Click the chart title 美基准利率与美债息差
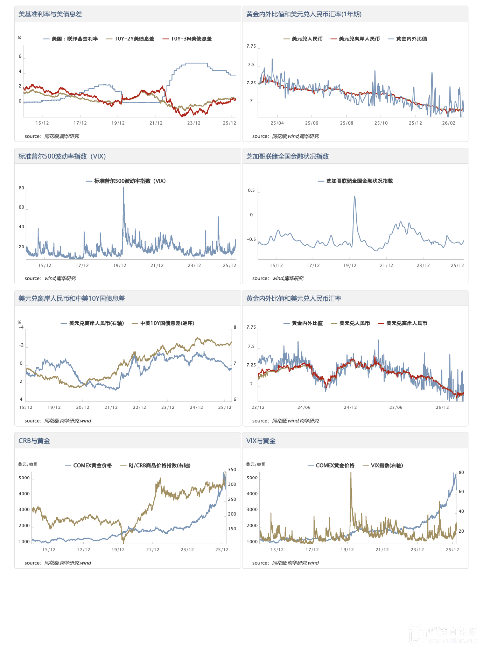50,14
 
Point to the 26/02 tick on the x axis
449,123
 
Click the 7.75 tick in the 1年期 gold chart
251,46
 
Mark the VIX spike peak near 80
123,188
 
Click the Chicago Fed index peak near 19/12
355,197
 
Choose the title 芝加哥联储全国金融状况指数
287,156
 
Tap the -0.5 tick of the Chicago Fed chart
251,239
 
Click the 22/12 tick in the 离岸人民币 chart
139,407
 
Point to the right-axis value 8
235,327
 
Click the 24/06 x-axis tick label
304,407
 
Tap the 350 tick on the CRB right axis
232,470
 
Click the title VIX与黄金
261,441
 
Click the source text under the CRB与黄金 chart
58,563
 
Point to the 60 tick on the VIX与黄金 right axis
461,492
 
